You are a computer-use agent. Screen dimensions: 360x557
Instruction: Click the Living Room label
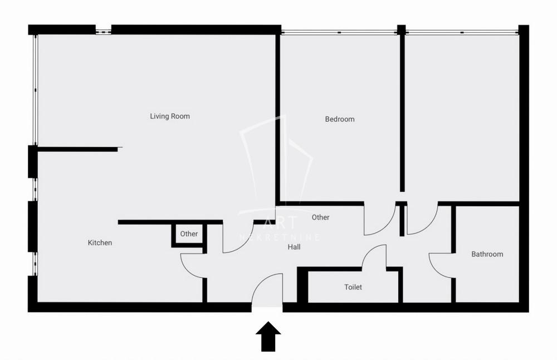pos(170,116)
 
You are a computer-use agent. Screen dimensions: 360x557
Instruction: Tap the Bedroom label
pos(340,119)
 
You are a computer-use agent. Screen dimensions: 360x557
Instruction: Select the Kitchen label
pos(100,243)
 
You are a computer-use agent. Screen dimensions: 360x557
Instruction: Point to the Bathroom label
pos(487,254)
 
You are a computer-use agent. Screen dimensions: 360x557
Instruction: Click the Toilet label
pos(353,287)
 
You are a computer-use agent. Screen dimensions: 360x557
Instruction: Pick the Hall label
pos(294,246)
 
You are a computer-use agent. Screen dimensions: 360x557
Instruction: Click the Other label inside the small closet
pos(189,234)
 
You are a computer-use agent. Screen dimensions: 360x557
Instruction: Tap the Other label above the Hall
pos(321,217)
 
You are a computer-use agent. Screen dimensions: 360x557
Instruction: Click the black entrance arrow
pos(268,336)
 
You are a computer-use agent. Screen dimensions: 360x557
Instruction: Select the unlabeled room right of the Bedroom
pos(462,117)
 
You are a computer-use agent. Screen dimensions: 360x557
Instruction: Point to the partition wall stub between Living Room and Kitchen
pos(78,149)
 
